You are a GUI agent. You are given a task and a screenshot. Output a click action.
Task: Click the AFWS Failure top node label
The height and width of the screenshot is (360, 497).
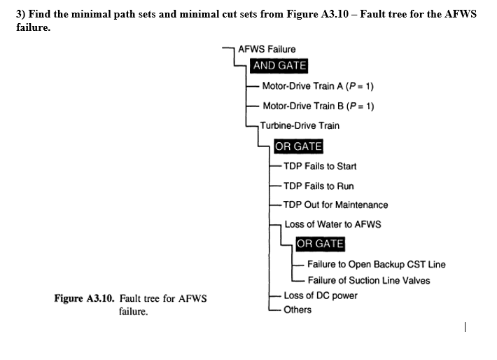pyautogui.click(x=267, y=49)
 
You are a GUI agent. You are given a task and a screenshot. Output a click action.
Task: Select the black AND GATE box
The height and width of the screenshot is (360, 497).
pyautogui.click(x=279, y=66)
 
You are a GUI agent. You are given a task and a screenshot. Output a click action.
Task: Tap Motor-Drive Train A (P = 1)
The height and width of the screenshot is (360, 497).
pyautogui.click(x=318, y=86)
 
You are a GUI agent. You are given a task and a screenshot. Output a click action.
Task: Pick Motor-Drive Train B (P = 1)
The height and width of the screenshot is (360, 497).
pyautogui.click(x=318, y=106)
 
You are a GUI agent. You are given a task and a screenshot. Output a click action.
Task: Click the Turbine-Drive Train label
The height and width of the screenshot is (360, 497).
pyautogui.click(x=300, y=126)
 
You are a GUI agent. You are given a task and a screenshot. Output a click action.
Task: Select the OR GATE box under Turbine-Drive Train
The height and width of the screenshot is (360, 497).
pyautogui.click(x=298, y=147)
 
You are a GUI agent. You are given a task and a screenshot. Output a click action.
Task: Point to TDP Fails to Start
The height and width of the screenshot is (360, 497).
pyautogui.click(x=320, y=166)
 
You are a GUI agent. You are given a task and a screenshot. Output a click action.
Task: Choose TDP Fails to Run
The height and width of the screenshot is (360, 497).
pyautogui.click(x=318, y=186)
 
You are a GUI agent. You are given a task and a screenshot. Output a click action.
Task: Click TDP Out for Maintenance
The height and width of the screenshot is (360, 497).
pyautogui.click(x=335, y=205)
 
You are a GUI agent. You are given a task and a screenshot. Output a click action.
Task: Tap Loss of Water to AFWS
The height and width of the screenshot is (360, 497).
pyautogui.click(x=332, y=225)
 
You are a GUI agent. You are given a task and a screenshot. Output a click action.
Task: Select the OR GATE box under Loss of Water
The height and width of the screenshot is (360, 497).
pyautogui.click(x=320, y=244)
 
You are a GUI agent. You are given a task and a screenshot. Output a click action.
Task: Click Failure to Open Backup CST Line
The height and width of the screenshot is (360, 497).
pyautogui.click(x=376, y=264)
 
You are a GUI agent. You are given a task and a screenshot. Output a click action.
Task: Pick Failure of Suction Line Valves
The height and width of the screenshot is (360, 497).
pyautogui.click(x=369, y=280)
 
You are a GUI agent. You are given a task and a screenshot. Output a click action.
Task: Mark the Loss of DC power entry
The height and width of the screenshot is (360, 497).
pyautogui.click(x=321, y=295)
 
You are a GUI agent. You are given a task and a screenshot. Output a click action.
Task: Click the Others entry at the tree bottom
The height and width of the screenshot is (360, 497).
pyautogui.click(x=297, y=310)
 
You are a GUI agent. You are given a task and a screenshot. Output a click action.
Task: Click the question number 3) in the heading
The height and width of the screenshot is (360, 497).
pyautogui.click(x=20, y=14)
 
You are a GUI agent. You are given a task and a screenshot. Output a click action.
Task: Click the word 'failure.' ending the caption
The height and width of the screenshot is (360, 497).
pyautogui.click(x=134, y=312)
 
